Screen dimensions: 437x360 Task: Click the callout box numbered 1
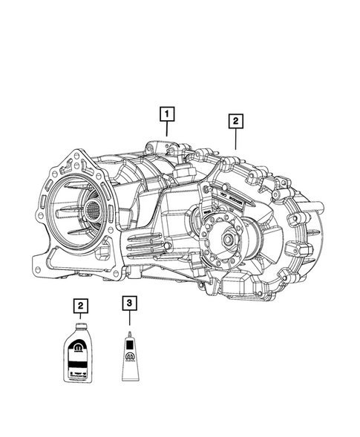(x=168, y=114)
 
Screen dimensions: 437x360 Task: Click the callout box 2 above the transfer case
(x=235, y=120)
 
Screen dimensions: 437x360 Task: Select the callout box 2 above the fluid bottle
(x=78, y=305)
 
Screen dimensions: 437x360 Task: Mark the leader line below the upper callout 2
(x=235, y=138)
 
